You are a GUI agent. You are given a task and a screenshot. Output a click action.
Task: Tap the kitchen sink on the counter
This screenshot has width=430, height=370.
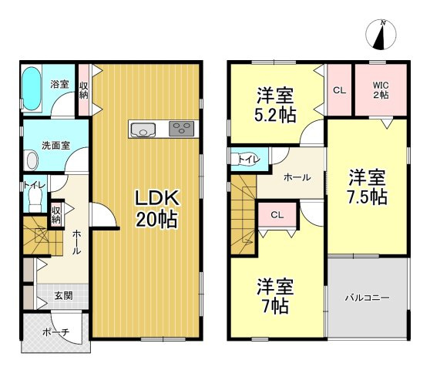tap(143, 129)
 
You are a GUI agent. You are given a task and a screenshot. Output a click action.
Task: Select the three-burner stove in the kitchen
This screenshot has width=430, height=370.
tap(181, 129)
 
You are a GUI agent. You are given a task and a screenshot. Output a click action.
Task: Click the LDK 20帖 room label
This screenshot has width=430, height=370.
tap(157, 209)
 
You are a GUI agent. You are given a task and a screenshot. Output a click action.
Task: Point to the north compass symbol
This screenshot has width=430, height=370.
tap(381, 35)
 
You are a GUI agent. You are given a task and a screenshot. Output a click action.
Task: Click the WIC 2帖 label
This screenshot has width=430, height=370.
tap(381, 90)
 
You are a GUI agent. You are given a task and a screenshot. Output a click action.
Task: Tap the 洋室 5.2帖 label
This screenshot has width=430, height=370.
tap(275, 105)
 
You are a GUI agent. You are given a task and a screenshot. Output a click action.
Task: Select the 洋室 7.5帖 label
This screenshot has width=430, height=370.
tap(368, 187)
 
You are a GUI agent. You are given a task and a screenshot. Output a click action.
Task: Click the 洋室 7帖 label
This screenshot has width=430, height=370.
tap(275, 296)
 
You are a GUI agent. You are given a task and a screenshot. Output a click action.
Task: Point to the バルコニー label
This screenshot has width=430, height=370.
tap(367, 298)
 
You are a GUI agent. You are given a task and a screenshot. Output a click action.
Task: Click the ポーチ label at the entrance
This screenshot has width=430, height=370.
tap(56, 332)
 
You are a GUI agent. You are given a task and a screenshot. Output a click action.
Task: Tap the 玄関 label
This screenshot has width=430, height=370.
tap(63, 296)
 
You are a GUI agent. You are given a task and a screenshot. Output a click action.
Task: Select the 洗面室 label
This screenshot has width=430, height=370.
tap(55, 146)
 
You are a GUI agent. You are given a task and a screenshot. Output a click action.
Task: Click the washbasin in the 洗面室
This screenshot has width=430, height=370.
tap(32, 160)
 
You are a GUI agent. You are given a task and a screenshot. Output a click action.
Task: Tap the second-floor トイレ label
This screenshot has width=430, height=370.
tap(249, 159)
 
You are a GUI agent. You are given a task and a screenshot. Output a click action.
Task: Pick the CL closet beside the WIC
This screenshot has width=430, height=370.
tap(339, 90)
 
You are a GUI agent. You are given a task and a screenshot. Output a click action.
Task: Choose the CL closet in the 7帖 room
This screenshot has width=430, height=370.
tap(277, 215)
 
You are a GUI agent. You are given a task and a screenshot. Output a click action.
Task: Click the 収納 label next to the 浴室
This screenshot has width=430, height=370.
tap(84, 90)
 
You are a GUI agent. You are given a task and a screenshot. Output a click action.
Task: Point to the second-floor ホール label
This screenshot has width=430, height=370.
tap(297, 177)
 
